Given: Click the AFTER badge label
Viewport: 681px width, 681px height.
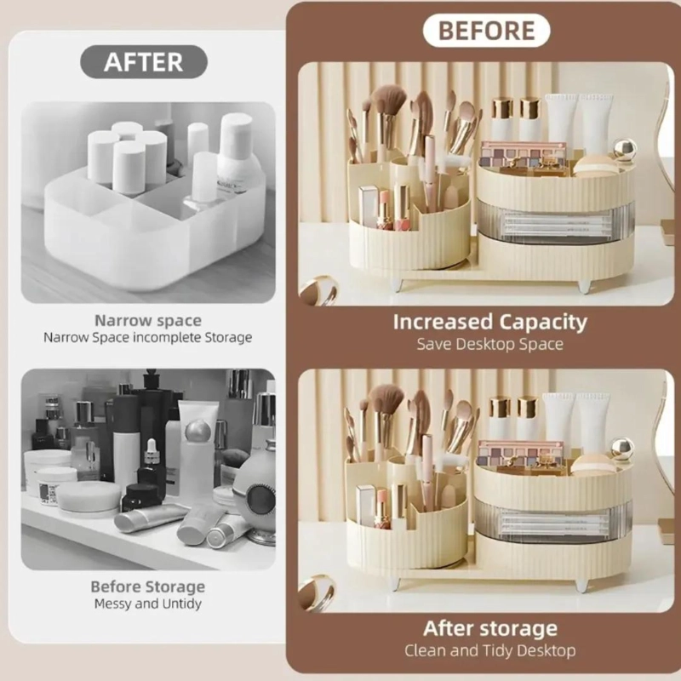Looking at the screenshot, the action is tap(144, 62).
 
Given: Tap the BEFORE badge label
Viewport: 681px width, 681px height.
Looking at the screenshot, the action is tap(486, 31).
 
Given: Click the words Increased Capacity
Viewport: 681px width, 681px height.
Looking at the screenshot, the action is tap(490, 322).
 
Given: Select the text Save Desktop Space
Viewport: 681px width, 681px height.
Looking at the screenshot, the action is tap(490, 344).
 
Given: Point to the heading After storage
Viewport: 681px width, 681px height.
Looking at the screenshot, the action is tap(490, 628).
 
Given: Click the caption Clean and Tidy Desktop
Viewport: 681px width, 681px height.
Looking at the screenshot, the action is tap(490, 650).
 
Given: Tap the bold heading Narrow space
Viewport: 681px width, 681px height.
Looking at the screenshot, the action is tap(148, 321).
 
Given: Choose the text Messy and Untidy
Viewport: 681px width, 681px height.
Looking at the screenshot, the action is tap(148, 604).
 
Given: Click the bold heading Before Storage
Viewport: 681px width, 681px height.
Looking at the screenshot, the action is tap(148, 587).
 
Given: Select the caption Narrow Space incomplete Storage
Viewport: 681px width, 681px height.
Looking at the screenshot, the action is tap(148, 337).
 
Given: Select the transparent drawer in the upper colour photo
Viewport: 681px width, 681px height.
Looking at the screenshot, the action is tap(556, 222).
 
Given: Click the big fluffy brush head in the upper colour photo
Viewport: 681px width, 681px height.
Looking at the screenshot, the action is tap(389, 100).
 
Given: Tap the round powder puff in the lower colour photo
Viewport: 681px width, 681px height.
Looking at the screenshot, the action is tap(592, 466).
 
